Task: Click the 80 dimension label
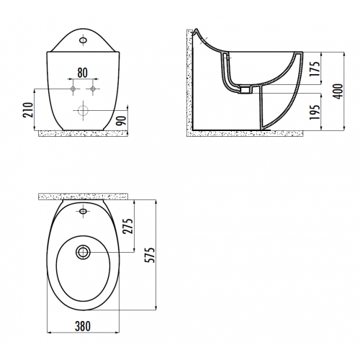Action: [83, 73]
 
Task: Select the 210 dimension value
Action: [28, 110]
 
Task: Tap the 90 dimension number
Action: [121, 120]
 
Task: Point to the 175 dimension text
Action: [315, 69]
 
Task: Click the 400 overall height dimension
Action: [338, 91]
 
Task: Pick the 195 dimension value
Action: [315, 112]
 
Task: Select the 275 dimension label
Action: [127, 226]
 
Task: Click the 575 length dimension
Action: [150, 255]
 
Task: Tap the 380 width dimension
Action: [83, 326]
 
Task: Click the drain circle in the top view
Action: [83, 252]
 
